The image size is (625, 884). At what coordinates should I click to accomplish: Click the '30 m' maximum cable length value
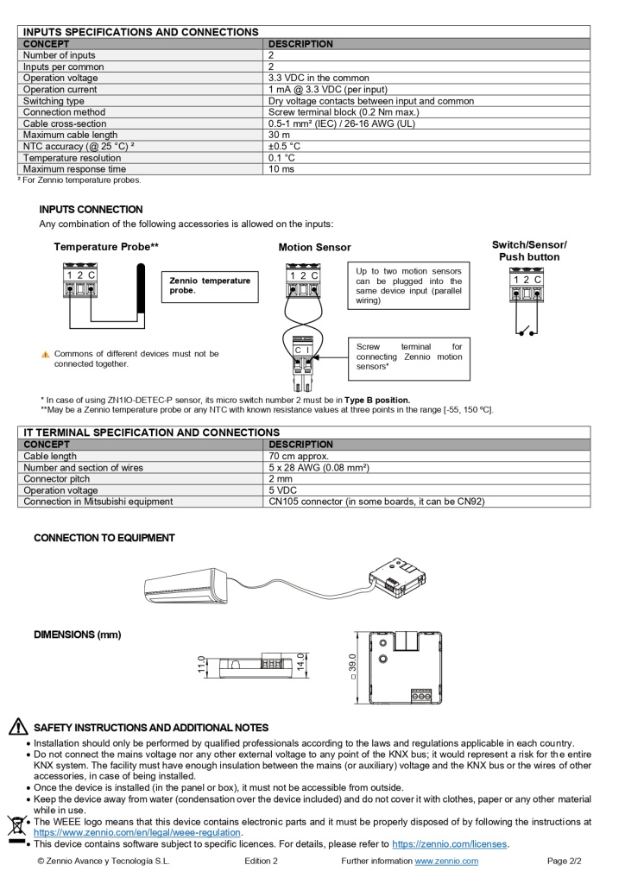click(x=279, y=135)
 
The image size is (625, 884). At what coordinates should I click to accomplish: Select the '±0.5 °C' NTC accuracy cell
click(x=284, y=146)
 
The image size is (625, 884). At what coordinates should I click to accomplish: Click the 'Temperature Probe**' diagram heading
click(x=106, y=247)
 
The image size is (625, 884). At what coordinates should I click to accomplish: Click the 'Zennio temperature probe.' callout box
click(x=210, y=286)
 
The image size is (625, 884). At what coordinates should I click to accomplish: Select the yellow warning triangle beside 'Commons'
click(x=45, y=355)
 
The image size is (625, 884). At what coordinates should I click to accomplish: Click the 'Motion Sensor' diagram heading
click(x=314, y=248)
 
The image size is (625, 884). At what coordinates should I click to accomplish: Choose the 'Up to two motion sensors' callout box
click(x=408, y=286)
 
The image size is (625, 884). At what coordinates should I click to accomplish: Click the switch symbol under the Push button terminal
click(x=526, y=330)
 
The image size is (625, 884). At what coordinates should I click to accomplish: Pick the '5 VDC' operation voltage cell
click(x=284, y=490)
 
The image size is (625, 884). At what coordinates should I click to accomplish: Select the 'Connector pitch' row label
click(x=56, y=479)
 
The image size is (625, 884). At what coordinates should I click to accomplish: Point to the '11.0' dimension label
click(x=201, y=664)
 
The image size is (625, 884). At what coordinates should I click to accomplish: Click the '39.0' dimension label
click(x=353, y=666)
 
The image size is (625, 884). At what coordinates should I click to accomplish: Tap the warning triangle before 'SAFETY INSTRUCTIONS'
click(x=18, y=727)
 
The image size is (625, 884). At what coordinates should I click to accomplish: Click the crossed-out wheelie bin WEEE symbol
click(x=15, y=826)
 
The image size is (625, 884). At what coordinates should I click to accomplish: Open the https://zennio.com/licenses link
click(x=450, y=844)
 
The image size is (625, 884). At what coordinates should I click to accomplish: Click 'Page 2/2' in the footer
click(x=565, y=861)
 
